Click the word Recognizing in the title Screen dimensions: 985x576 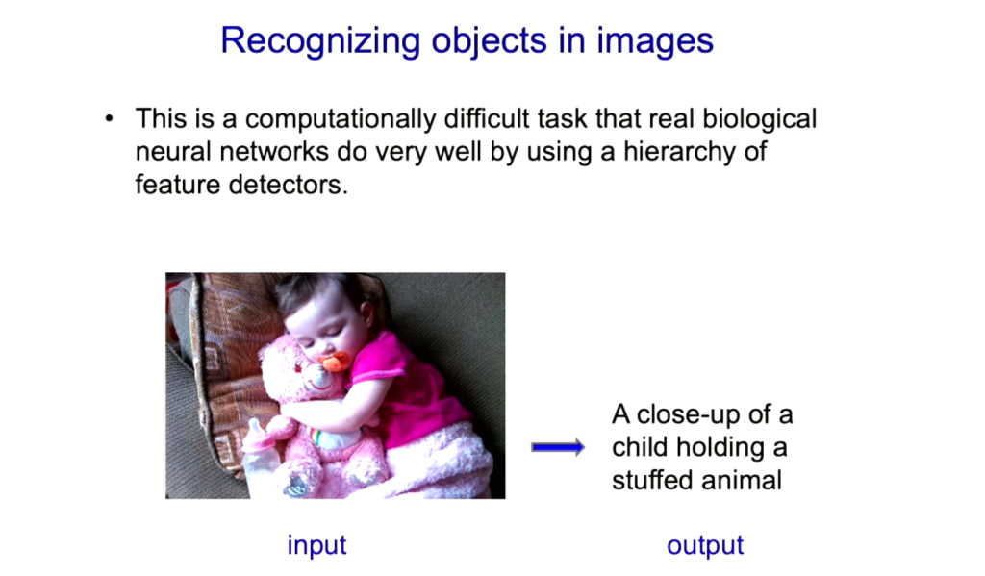[x=320, y=41]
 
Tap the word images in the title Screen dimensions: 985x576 [x=654, y=41]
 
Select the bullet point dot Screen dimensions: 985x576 [x=110, y=118]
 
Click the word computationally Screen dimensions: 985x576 [x=340, y=119]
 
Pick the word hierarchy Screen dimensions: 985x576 [x=679, y=152]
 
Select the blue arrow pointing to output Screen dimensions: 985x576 [x=558, y=447]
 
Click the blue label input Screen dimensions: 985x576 [x=316, y=545]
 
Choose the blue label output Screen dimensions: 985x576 [x=705, y=545]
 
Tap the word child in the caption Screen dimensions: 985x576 [x=640, y=447]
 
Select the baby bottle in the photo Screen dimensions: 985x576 [x=261, y=458]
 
